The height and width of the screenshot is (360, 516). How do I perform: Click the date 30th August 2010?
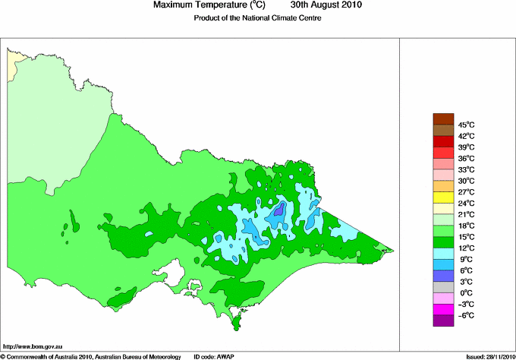pos(322,5)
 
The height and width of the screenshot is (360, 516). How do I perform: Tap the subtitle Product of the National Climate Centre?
pos(258,18)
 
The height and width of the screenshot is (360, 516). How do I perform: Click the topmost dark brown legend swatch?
pos(442,118)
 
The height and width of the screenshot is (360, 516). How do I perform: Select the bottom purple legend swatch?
pos(442,321)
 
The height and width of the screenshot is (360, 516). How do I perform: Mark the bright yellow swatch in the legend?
pos(442,197)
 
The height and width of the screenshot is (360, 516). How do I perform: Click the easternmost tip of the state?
pos(393,250)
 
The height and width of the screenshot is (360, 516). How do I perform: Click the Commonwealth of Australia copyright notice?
pos(91,355)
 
